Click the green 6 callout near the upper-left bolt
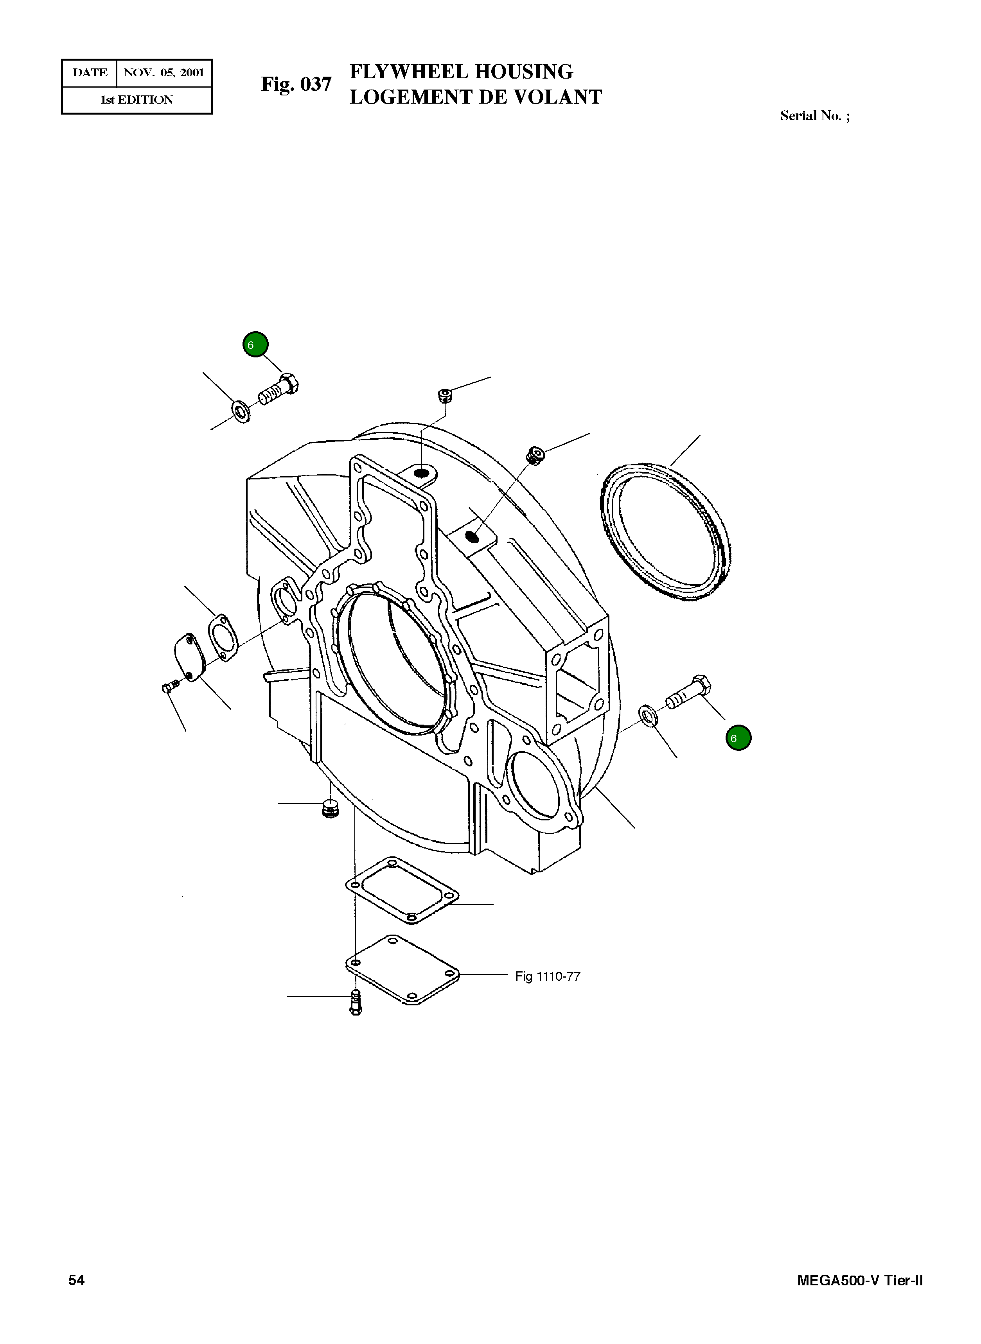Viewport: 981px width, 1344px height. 255,345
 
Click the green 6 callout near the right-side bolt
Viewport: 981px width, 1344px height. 738,738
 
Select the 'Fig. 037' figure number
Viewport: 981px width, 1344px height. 296,84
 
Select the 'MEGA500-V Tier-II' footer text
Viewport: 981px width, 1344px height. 859,1281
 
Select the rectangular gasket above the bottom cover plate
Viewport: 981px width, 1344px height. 402,890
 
